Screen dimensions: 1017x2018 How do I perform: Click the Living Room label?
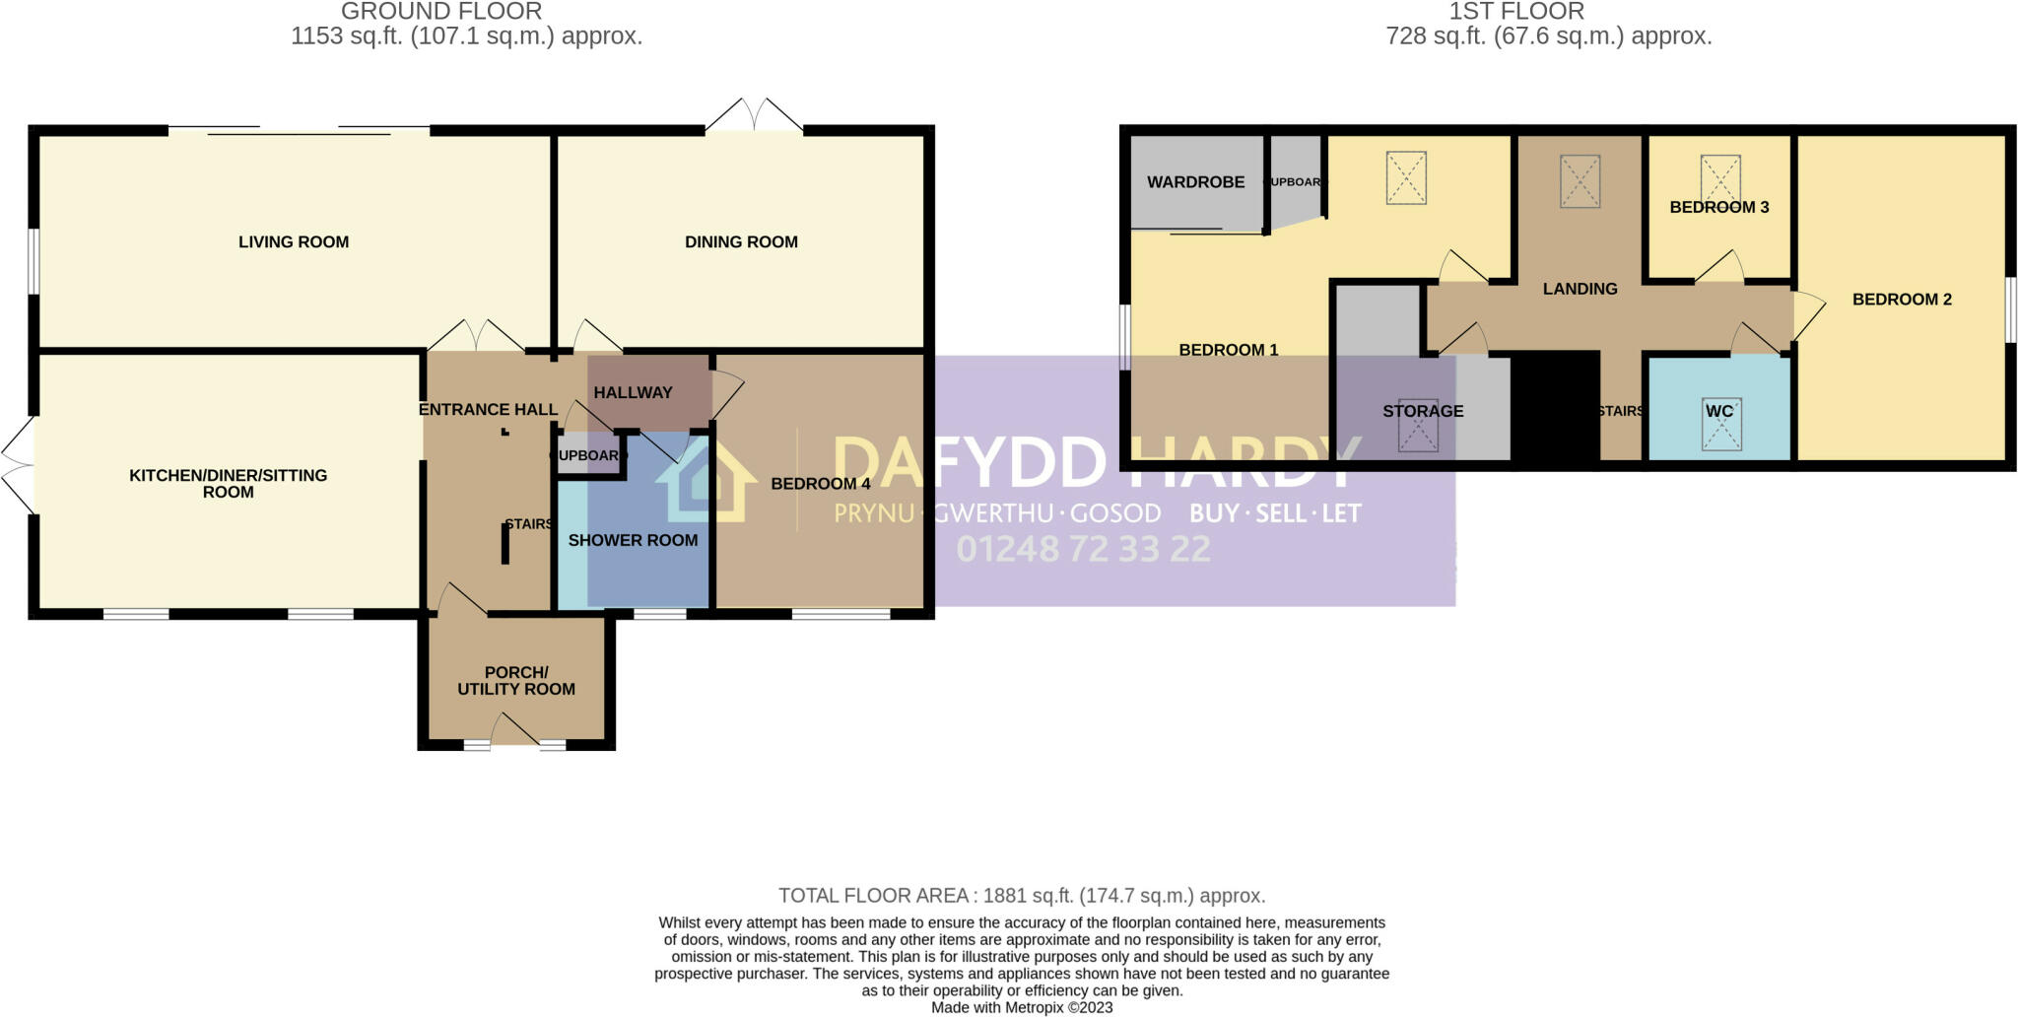(x=294, y=242)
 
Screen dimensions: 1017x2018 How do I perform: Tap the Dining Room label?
(x=741, y=242)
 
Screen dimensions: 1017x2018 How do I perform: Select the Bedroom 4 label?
(x=820, y=484)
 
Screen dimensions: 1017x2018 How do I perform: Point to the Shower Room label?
(x=633, y=540)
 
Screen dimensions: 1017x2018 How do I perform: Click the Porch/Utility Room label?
(x=516, y=681)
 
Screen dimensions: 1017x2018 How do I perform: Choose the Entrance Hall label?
(x=488, y=409)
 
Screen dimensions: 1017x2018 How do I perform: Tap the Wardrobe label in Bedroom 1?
(x=1195, y=182)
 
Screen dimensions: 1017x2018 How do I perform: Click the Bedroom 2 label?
(x=1901, y=300)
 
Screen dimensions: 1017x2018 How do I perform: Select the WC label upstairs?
(x=1718, y=411)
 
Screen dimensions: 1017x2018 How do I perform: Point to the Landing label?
(x=1580, y=289)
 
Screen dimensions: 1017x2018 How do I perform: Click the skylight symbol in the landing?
(x=1580, y=181)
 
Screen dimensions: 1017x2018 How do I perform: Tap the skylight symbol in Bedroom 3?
(x=1720, y=178)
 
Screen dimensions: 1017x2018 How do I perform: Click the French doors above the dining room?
(x=754, y=114)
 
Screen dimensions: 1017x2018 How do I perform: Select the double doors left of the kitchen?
(x=18, y=464)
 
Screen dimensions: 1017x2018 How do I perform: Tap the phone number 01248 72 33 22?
(x=1083, y=549)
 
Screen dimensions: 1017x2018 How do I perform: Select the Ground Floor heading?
(x=441, y=12)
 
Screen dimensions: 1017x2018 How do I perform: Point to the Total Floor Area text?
(x=1022, y=896)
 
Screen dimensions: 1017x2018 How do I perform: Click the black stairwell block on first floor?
(x=1555, y=405)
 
